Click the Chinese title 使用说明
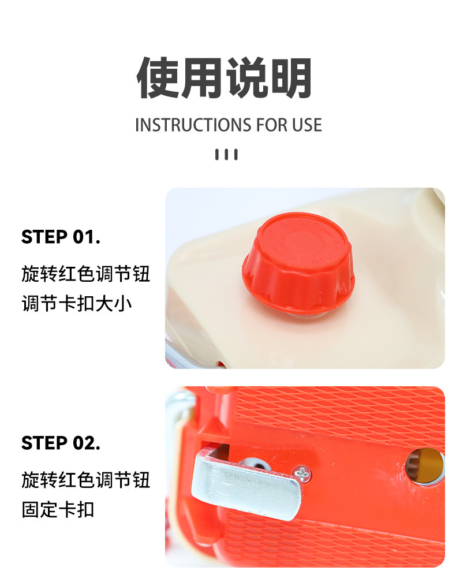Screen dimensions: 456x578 [x=224, y=78]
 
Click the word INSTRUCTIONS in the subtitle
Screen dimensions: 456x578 [x=194, y=125]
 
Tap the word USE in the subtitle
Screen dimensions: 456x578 [x=307, y=125]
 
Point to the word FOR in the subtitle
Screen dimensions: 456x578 [x=272, y=125]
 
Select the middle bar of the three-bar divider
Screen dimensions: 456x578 [x=226, y=154]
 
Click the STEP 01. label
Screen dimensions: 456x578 [x=61, y=237]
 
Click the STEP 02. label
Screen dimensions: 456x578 [x=61, y=443]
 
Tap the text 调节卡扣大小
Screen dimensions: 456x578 [x=77, y=303]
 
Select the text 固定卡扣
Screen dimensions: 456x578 [x=58, y=510]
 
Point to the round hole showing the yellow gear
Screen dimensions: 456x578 [x=425, y=466]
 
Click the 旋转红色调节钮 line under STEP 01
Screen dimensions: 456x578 [x=85, y=274]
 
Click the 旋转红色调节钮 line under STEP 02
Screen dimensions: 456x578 [x=85, y=480]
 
